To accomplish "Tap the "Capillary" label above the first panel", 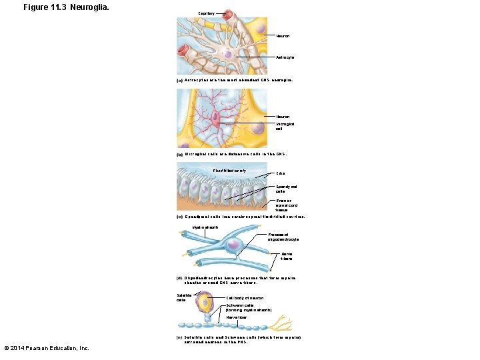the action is click(207, 13).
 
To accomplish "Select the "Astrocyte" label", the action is click(285, 57).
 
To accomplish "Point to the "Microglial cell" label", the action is click(285, 126).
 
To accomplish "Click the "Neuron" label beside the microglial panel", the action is click(283, 117).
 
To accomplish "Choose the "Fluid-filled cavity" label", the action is click(229, 171).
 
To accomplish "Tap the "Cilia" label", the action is click(280, 174).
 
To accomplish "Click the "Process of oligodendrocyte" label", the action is click(283, 237).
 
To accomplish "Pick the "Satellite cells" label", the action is click(183, 297).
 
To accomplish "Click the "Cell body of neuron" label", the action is click(245, 298).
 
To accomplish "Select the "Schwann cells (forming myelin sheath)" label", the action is click(249, 308).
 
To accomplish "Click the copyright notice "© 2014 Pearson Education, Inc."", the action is click(47, 348).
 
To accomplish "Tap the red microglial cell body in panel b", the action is click(215, 121).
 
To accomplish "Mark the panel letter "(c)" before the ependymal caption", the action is click(179, 217).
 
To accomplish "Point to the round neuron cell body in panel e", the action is click(203, 303).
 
